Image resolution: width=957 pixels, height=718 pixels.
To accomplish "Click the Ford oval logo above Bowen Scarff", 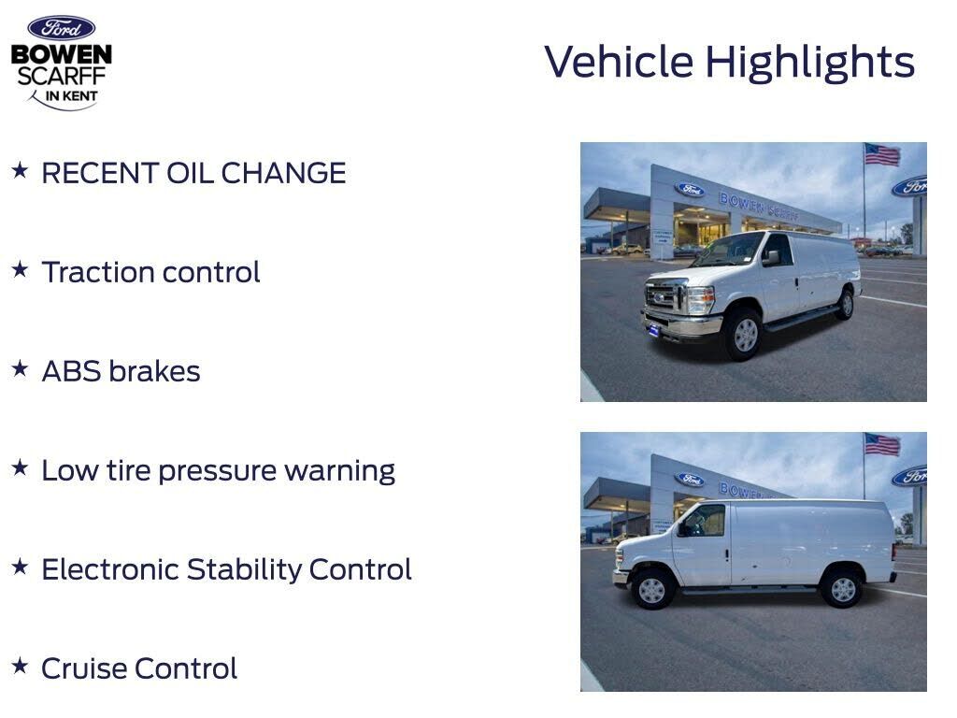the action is tap(61, 28).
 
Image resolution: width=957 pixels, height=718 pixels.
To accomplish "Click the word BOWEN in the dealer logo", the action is tap(61, 54).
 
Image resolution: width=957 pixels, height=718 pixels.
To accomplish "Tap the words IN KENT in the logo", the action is tap(71, 96).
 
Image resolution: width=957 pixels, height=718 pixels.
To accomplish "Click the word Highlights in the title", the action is tap(810, 63).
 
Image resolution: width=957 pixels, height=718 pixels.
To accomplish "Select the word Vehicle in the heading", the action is tap(619, 61).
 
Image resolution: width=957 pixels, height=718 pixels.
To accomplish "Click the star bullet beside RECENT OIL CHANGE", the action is tap(20, 170).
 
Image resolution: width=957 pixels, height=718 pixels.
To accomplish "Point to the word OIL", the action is tap(190, 173).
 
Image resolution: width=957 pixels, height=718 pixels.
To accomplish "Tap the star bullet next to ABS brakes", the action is tap(20, 368).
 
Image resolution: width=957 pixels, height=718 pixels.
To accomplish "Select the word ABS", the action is tap(71, 371).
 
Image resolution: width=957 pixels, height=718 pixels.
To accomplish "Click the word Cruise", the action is tap(83, 668).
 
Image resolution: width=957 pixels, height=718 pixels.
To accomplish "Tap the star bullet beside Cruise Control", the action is tap(20, 665).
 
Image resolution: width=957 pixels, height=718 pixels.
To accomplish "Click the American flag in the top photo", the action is tap(882, 154).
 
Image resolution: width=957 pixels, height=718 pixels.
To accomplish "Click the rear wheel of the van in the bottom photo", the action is tap(842, 588).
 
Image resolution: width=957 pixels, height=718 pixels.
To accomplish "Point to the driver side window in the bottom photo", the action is tap(705, 520).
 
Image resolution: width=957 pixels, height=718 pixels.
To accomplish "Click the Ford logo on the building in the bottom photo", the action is tap(691, 480).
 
